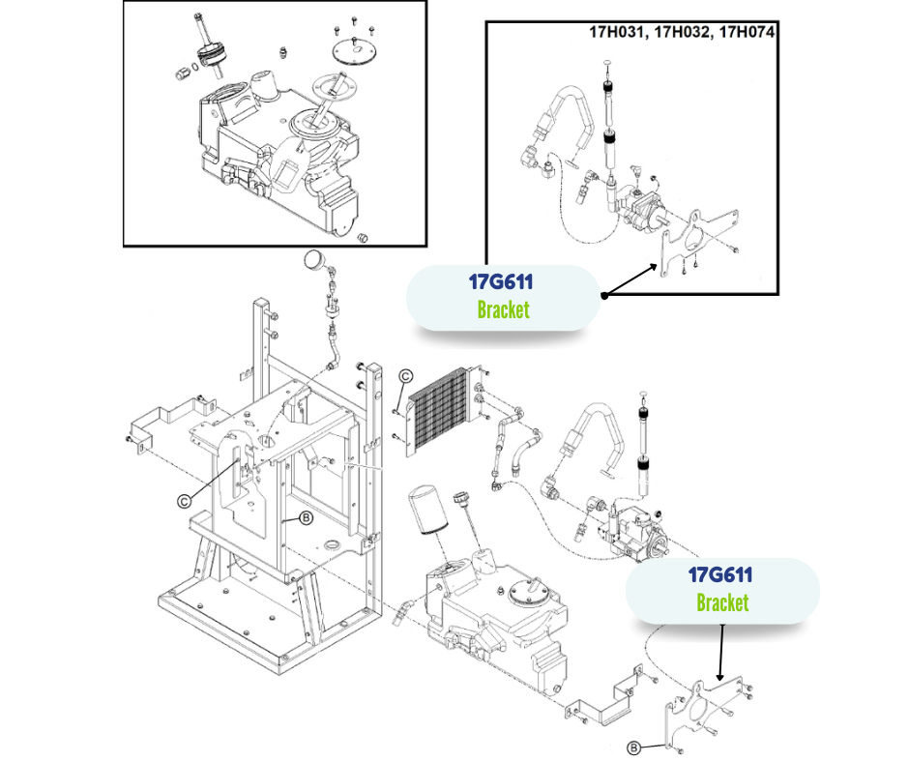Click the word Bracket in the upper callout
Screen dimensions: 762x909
[504, 310]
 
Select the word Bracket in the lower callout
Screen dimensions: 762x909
[722, 602]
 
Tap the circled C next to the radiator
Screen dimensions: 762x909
[406, 376]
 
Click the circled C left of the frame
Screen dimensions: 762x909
[184, 500]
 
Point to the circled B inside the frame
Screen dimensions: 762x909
[306, 519]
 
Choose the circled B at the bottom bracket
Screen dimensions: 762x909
[633, 747]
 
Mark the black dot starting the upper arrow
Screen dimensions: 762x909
[604, 294]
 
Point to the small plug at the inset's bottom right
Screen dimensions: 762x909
[365, 237]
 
